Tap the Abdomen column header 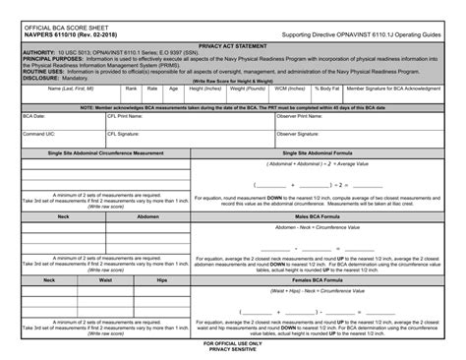coord(147,215)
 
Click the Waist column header coord(119,279)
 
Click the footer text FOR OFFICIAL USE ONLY coord(232,343)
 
